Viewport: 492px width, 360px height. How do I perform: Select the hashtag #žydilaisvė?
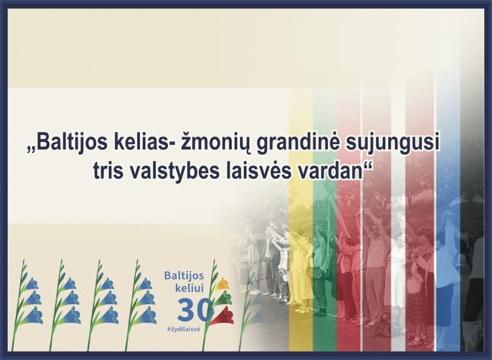184,329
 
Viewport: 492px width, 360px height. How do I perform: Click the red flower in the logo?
222,316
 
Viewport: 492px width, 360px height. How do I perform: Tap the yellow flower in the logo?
223,284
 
